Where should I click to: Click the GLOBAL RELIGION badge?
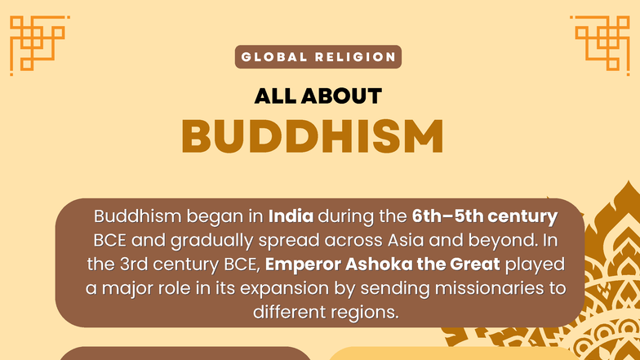tap(318, 57)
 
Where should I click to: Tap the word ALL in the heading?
tap(274, 96)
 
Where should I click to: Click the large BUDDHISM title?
tap(313, 136)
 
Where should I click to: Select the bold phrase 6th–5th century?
tap(485, 218)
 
